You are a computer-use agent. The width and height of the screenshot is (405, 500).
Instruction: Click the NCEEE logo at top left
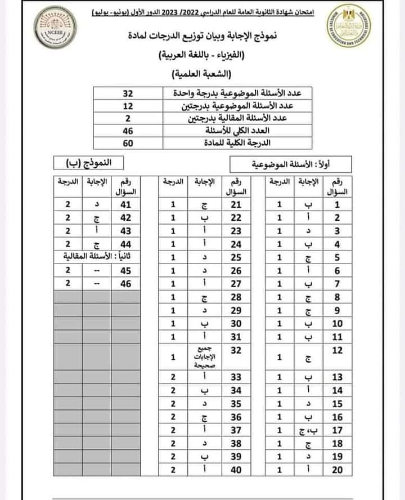click(x=52, y=29)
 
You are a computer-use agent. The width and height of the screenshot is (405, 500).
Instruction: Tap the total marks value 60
click(x=128, y=143)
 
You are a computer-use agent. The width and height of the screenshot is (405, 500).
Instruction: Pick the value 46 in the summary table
click(x=128, y=131)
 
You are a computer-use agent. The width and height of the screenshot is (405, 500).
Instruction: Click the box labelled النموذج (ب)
click(x=93, y=163)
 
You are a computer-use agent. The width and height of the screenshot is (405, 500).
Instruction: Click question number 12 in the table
click(x=337, y=351)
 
